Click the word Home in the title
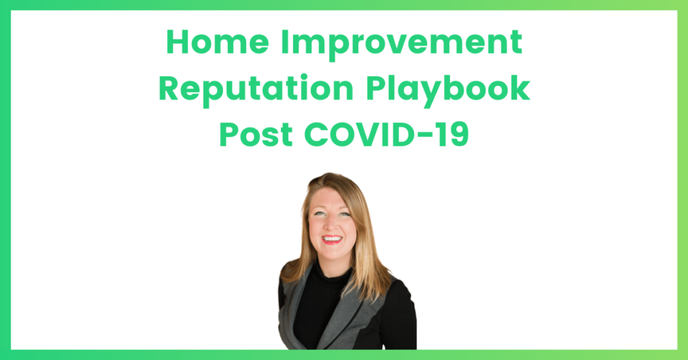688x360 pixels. [x=217, y=42]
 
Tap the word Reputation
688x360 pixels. [x=256, y=89]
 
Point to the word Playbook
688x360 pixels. [x=448, y=89]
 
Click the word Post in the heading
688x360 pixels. [x=256, y=134]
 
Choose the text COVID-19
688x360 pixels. [x=386, y=134]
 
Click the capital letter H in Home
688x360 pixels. [x=177, y=42]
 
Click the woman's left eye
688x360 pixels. [x=345, y=214]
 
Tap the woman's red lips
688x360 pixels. [x=332, y=239]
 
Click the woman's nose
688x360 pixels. [x=331, y=224]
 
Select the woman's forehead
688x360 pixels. [x=333, y=198]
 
